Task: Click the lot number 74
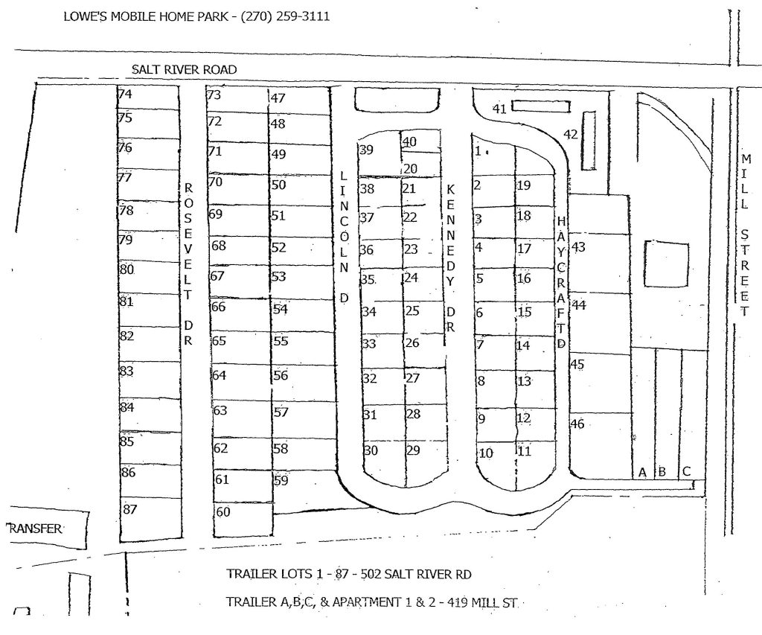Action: [x=125, y=95]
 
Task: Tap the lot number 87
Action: [x=130, y=509]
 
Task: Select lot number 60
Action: [x=223, y=512]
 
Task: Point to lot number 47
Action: [x=278, y=98]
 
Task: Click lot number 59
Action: [x=281, y=480]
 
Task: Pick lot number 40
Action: [x=410, y=142]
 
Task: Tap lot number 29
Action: [x=413, y=450]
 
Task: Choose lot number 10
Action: [x=486, y=453]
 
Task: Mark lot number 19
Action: [x=523, y=185]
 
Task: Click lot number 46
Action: [x=577, y=424]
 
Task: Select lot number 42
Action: [x=571, y=135]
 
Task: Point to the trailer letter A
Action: [x=641, y=472]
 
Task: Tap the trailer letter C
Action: [x=686, y=471]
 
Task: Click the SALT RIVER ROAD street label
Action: [x=185, y=69]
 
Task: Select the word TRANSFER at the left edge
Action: [x=34, y=529]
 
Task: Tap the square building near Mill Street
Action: [x=667, y=264]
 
